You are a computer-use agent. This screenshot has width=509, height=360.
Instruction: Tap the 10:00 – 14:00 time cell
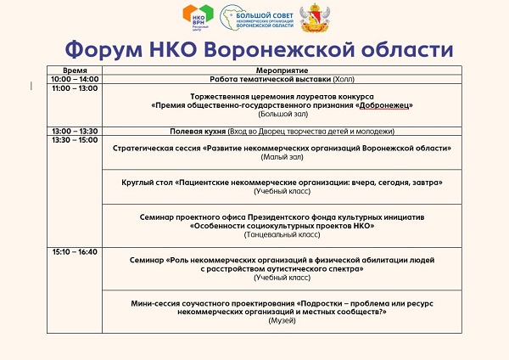75,79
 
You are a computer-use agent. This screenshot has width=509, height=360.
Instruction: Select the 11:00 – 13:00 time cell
75,88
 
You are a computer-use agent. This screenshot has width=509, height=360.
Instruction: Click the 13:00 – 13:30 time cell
75,131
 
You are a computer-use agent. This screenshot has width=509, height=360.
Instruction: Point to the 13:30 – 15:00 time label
75,140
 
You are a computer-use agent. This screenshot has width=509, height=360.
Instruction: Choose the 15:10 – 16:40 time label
75,251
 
